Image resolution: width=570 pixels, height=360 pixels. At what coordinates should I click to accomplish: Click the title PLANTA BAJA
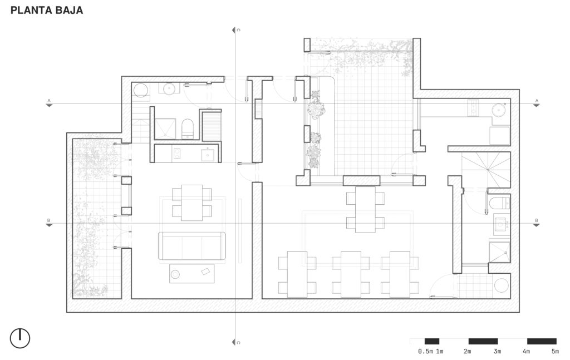pos(47,10)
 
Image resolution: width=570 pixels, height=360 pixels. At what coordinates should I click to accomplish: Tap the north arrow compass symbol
pos(20,338)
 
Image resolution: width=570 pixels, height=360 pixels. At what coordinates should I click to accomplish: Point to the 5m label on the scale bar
pos(555,351)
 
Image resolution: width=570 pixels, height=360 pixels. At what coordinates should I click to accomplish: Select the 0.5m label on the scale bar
pos(425,351)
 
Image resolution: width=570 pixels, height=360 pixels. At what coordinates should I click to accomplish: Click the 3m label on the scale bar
pos(497,351)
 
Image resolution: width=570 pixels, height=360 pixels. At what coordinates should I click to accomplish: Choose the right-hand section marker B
pos(537,223)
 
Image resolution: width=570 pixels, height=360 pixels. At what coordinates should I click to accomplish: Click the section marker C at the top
pos(236,30)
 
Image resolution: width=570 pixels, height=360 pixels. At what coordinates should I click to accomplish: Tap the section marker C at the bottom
pos(236,342)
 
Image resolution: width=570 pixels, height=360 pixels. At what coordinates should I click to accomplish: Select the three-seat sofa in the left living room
pos(191,246)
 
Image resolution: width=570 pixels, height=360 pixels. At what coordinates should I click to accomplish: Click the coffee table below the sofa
pos(192,274)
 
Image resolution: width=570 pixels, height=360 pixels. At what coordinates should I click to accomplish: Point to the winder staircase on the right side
pos(486,170)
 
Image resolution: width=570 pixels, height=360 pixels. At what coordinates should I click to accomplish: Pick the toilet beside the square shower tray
pos(187,129)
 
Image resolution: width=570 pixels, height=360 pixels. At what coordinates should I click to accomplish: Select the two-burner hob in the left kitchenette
pos(176,154)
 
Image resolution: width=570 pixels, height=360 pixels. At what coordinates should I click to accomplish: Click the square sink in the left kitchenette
pos(208,155)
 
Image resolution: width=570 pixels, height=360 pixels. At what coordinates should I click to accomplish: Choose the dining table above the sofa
pos(191,203)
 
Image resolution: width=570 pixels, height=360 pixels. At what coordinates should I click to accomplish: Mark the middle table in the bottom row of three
pos(351,274)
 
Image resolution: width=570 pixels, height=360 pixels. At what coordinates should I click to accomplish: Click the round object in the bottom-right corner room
pos(502,285)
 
